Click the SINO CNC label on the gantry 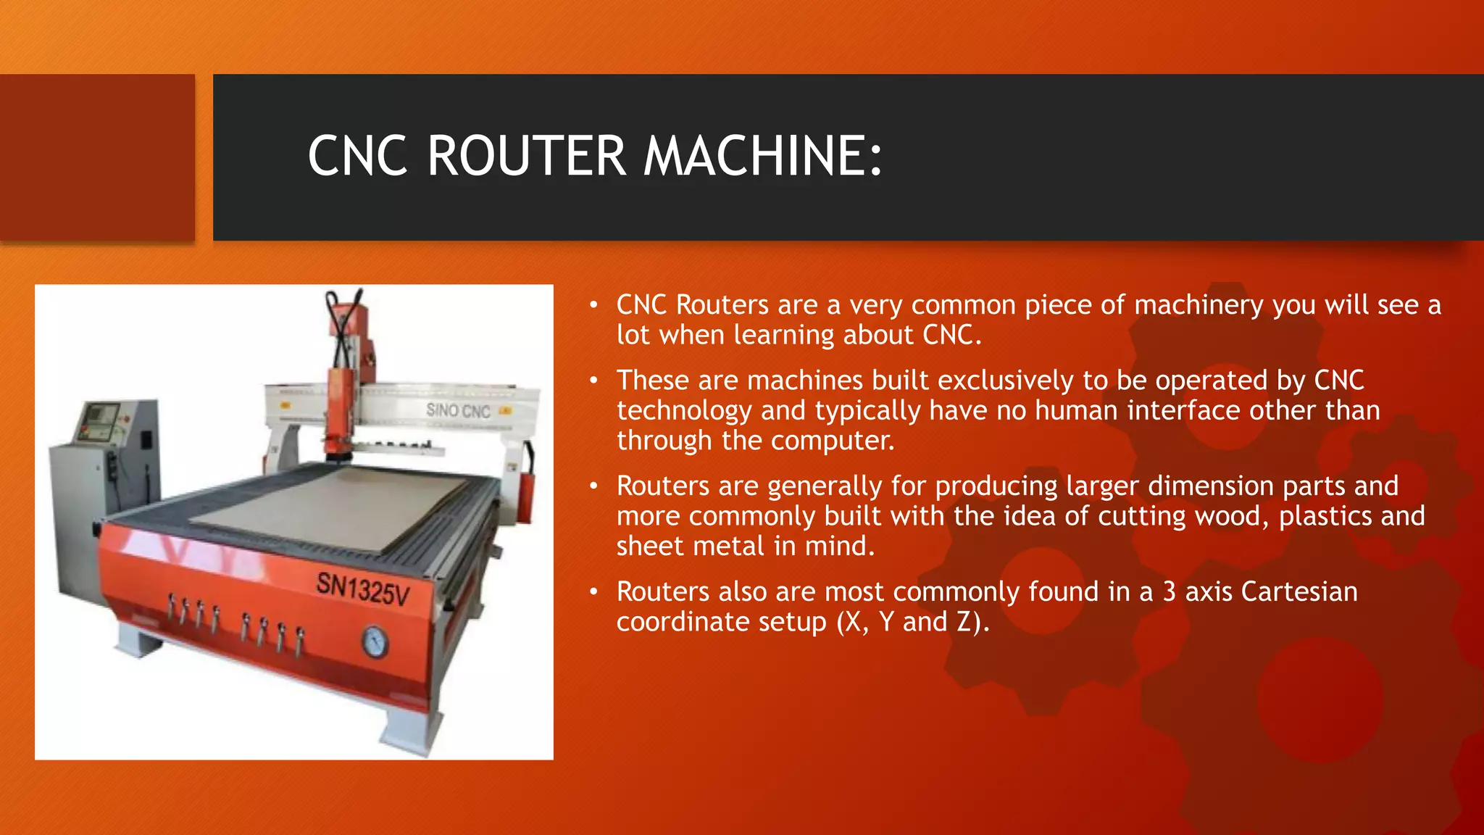pyautogui.click(x=458, y=411)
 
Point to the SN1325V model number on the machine pyautogui.click(x=363, y=589)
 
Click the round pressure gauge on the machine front pyautogui.click(x=375, y=641)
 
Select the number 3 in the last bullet pyautogui.click(x=1169, y=591)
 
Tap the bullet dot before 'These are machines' pyautogui.click(x=593, y=380)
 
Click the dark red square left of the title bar pyautogui.click(x=97, y=157)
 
